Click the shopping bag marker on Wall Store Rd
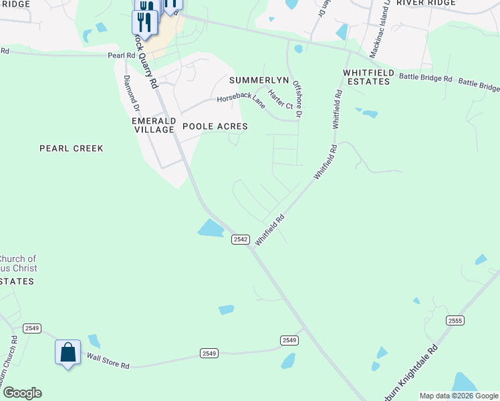click(68, 352)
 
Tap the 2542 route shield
click(241, 239)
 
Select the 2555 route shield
click(455, 321)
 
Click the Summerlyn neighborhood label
click(259, 80)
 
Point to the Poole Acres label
click(215, 126)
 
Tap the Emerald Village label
click(154, 125)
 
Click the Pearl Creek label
click(72, 148)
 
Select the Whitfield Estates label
click(366, 76)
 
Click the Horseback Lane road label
click(241, 100)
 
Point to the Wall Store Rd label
click(108, 362)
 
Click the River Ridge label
click(425, 3)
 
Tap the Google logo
click(22, 393)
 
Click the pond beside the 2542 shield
click(211, 229)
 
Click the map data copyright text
click(459, 396)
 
